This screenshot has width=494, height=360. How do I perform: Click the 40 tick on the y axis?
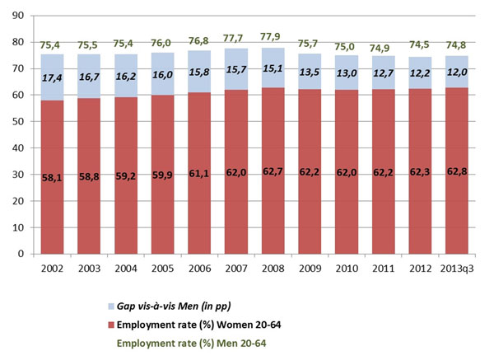tap(20, 148)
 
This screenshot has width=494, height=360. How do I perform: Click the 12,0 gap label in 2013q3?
tap(460, 72)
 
